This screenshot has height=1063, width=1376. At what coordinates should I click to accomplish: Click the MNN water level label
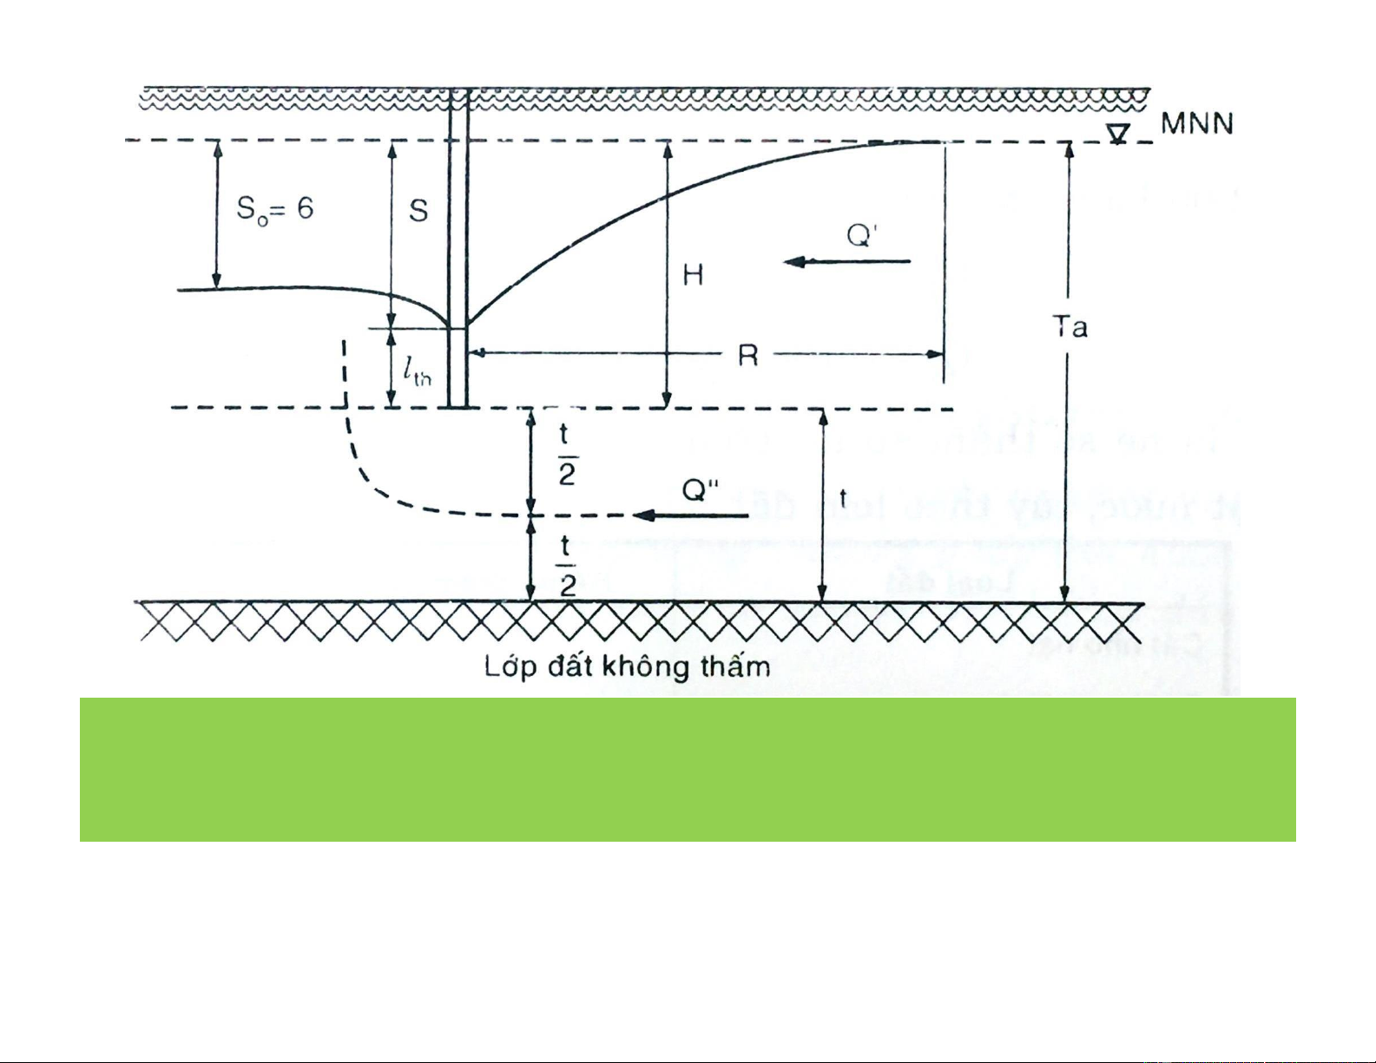pyautogui.click(x=1197, y=124)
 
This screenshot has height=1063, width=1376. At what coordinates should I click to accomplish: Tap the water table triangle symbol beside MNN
pyautogui.click(x=1119, y=134)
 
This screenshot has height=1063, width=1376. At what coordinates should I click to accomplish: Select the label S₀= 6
pyautogui.click(x=274, y=209)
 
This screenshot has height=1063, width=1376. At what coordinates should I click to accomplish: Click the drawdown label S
pyautogui.click(x=418, y=211)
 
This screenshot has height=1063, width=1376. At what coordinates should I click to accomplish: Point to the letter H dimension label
pyautogui.click(x=693, y=276)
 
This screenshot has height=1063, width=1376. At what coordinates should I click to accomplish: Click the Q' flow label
pyautogui.click(x=863, y=234)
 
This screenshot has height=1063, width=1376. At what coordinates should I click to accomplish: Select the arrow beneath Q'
pyautogui.click(x=847, y=261)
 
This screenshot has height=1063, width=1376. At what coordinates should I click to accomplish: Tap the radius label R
pyautogui.click(x=747, y=355)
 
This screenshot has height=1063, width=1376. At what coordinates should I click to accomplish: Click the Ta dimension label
pyautogui.click(x=1070, y=327)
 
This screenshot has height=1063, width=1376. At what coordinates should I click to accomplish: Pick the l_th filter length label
pyautogui.click(x=416, y=371)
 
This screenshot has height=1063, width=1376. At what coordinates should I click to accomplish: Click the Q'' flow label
pyautogui.click(x=701, y=490)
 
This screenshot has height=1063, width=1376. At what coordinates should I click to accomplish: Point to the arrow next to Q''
pyautogui.click(x=690, y=516)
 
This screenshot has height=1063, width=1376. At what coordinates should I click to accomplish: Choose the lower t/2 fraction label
pyautogui.click(x=566, y=565)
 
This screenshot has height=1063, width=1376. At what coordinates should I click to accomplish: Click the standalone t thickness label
pyautogui.click(x=843, y=497)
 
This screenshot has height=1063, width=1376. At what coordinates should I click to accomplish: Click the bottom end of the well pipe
pyautogui.click(x=458, y=405)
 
